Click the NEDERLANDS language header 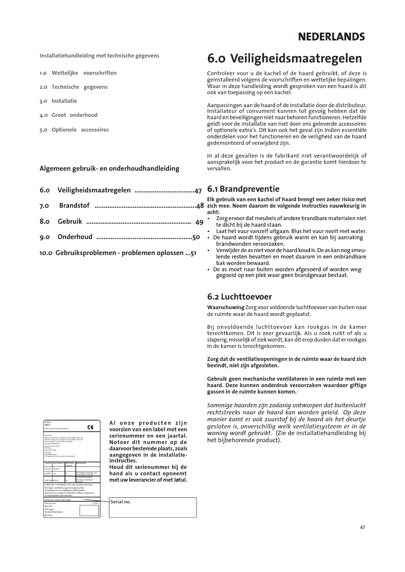coord(331,37)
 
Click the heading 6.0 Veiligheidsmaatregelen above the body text coord(285,58)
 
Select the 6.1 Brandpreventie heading coord(243,189)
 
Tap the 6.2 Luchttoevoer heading coord(239,297)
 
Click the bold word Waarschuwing coord(226,307)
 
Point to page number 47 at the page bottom coord(362,527)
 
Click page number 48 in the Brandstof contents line coord(200,206)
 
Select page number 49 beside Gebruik coord(199,222)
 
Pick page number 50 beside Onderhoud coord(196,237)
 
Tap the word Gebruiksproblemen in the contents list coord(86,253)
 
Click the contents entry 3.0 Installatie coord(58,101)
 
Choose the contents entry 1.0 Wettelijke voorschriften coord(78,73)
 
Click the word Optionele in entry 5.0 coord(64,130)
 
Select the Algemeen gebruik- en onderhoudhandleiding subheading coord(109,169)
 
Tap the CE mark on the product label coord(90,428)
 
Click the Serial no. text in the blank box coord(121,502)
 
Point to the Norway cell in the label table coord(48,469)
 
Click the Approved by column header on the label coord(81,463)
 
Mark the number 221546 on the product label coord(95,504)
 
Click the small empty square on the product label coord(89,510)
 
